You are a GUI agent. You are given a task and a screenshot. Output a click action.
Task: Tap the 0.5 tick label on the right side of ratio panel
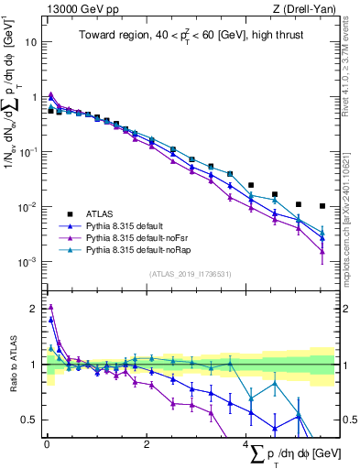pyautogui.click(x=347, y=420)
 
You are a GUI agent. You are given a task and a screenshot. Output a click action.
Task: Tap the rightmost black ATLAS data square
pyautogui.click(x=322, y=206)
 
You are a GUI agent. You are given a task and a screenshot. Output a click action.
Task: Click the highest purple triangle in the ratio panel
pyautogui.click(x=51, y=308)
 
